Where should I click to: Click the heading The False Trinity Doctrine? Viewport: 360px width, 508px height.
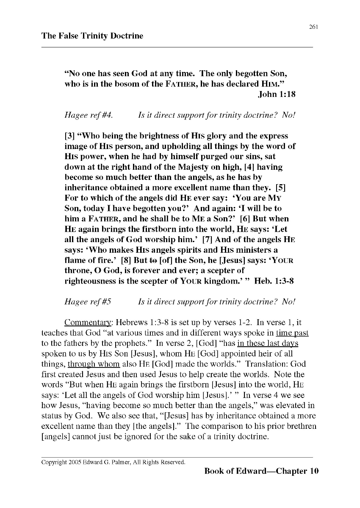click(x=92, y=36)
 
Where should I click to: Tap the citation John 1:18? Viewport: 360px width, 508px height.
click(x=277, y=94)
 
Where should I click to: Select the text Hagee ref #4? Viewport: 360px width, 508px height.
click(x=88, y=115)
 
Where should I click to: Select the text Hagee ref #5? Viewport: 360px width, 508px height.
click(x=88, y=302)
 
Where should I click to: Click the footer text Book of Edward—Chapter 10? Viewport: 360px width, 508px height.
click(x=261, y=471)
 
